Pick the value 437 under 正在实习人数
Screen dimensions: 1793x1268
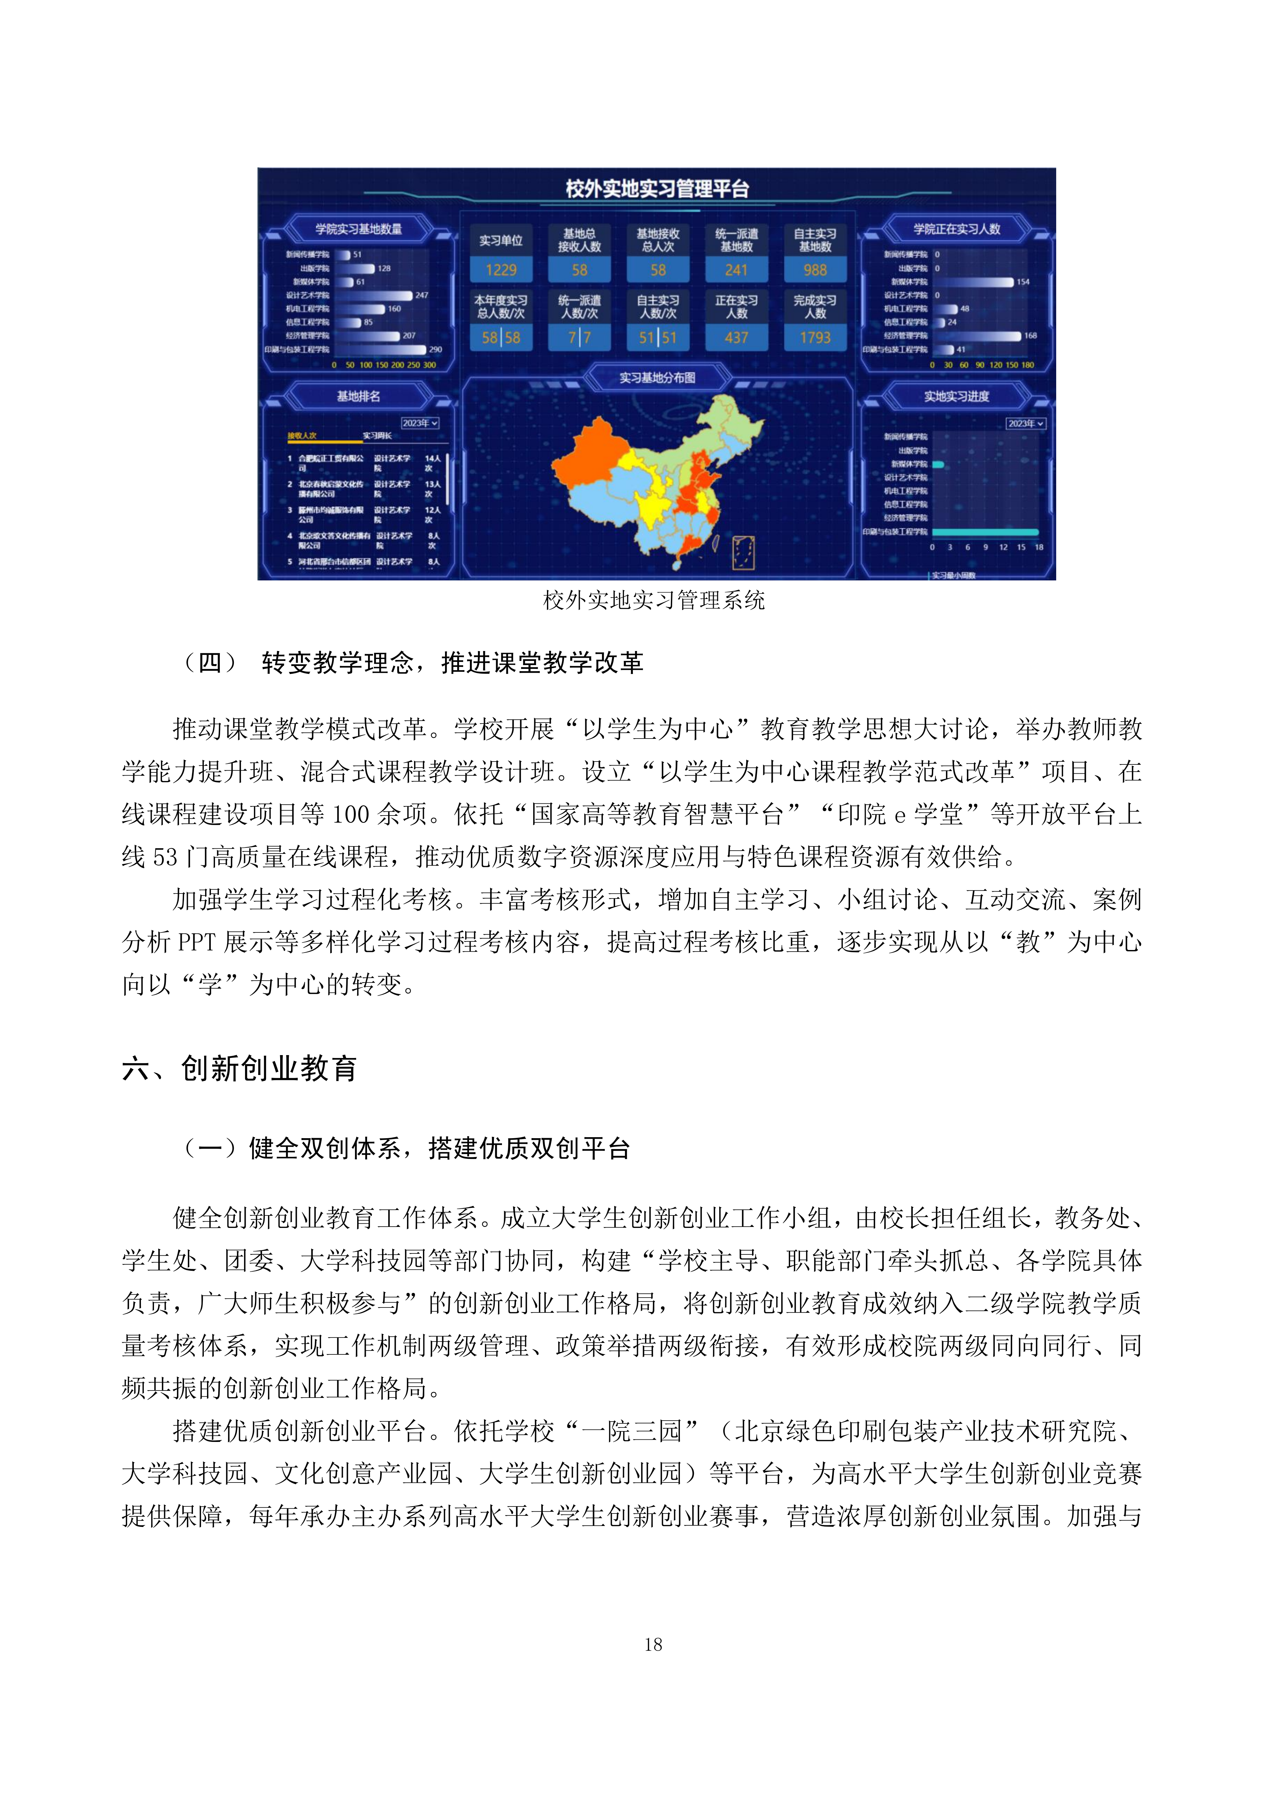736,337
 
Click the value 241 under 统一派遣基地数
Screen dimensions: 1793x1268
736,270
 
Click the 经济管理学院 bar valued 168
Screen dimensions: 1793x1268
976,336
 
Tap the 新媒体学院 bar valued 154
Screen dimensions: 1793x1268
972,282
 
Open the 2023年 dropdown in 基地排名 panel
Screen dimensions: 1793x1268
420,423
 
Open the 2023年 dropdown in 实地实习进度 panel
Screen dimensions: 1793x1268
1025,423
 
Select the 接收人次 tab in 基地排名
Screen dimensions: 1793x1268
302,436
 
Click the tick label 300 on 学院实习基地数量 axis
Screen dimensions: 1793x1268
429,365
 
